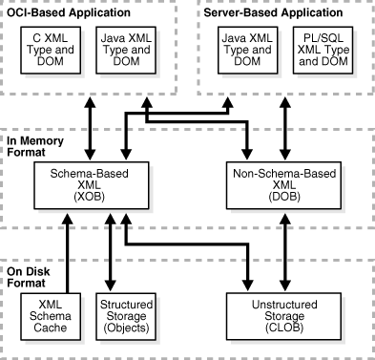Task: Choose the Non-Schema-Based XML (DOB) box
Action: pyautogui.click(x=281, y=180)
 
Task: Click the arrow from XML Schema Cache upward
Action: pyautogui.click(x=66, y=248)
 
